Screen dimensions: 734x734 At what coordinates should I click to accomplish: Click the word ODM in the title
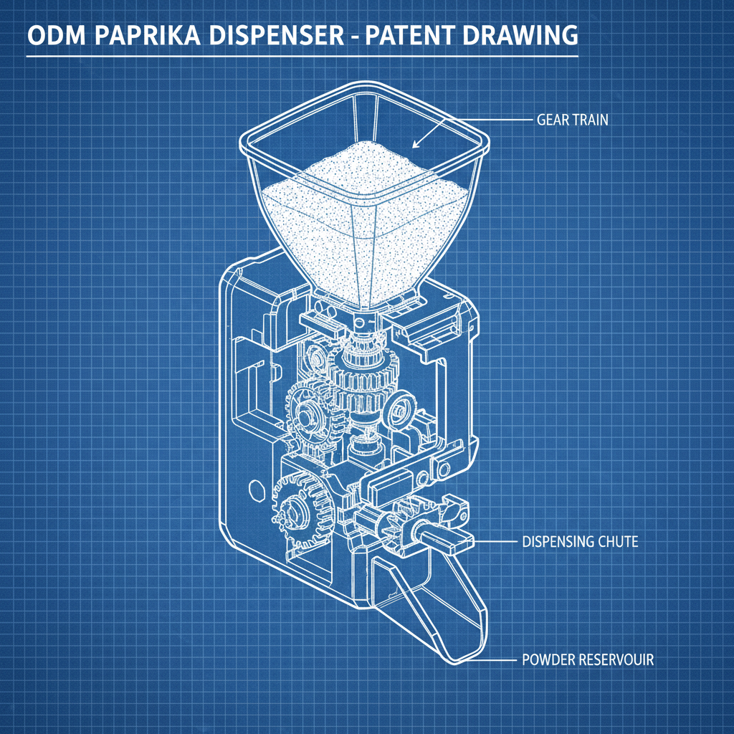point(57,35)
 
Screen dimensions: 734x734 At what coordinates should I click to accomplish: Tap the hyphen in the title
point(355,37)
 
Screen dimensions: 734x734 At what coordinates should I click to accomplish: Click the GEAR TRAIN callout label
point(572,120)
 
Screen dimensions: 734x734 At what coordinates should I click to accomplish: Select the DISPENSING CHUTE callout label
point(580,542)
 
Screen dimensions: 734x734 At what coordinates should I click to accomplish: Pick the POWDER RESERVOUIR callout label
point(588,659)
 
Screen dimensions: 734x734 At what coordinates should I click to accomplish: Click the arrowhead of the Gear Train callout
point(415,145)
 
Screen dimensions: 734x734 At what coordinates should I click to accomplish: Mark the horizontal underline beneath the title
point(302,56)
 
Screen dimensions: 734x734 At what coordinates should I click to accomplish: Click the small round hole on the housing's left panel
point(257,490)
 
